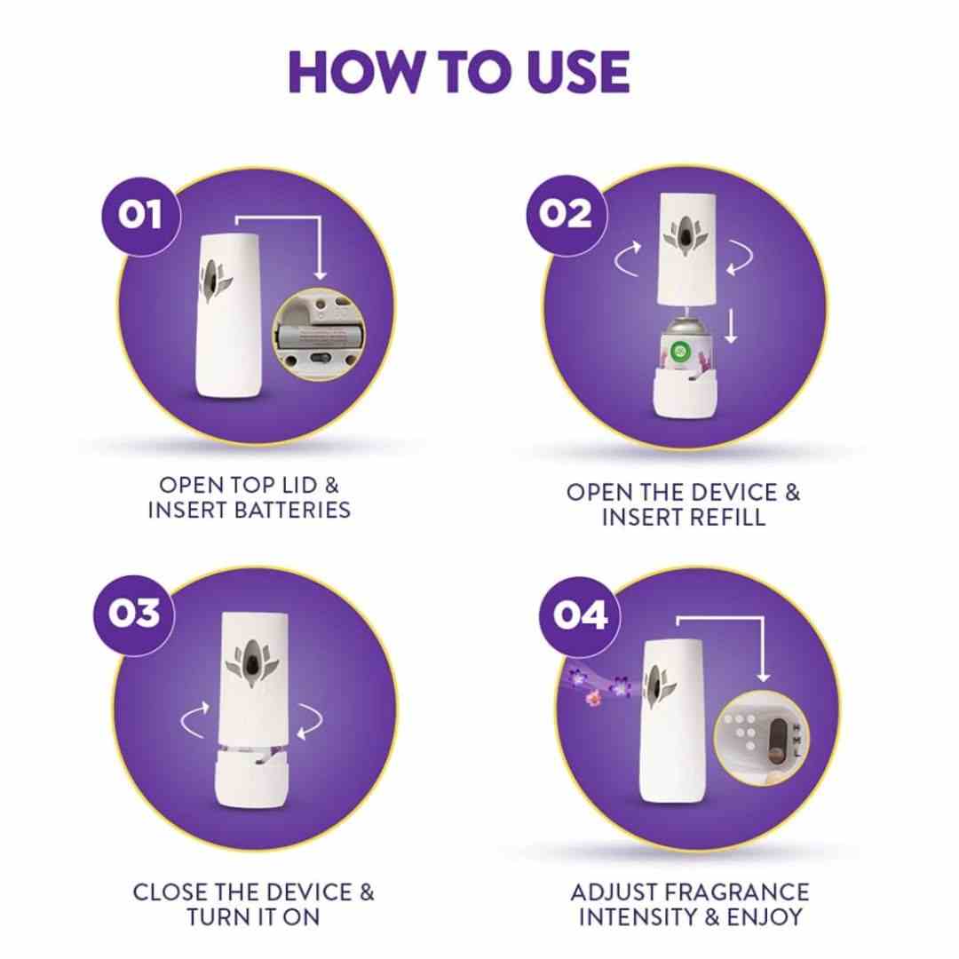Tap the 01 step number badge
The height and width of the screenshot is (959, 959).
(x=141, y=215)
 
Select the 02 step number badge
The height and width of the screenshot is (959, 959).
(x=567, y=214)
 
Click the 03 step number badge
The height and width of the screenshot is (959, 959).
(x=134, y=614)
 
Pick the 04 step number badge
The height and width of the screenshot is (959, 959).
(x=580, y=614)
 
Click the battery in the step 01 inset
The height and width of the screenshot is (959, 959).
(x=318, y=335)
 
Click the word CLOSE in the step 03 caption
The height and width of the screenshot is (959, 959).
(x=170, y=892)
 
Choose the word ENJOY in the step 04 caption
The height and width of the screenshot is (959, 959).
(x=765, y=917)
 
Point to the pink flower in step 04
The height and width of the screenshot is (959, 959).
(x=593, y=698)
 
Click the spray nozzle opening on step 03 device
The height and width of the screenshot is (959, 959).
(x=251, y=663)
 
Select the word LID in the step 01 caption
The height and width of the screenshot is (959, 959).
(x=299, y=485)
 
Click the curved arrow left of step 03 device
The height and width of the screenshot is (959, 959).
(x=195, y=719)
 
